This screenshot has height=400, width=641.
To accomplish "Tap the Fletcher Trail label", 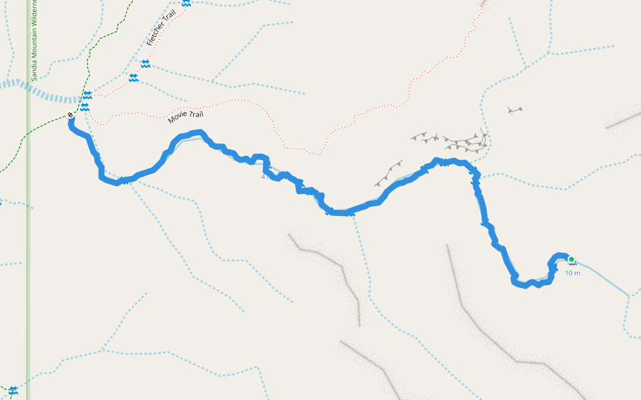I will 160,31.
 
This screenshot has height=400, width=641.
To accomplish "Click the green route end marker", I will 571,259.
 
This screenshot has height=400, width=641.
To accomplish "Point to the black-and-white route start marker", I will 71,115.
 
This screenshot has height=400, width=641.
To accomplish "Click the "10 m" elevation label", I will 572,273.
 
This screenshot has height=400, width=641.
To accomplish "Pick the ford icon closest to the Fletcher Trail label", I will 145,63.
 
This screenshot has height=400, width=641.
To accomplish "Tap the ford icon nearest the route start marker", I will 85,107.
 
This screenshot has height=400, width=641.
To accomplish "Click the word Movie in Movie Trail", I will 177,118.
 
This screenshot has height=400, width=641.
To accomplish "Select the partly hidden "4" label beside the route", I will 264,177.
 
